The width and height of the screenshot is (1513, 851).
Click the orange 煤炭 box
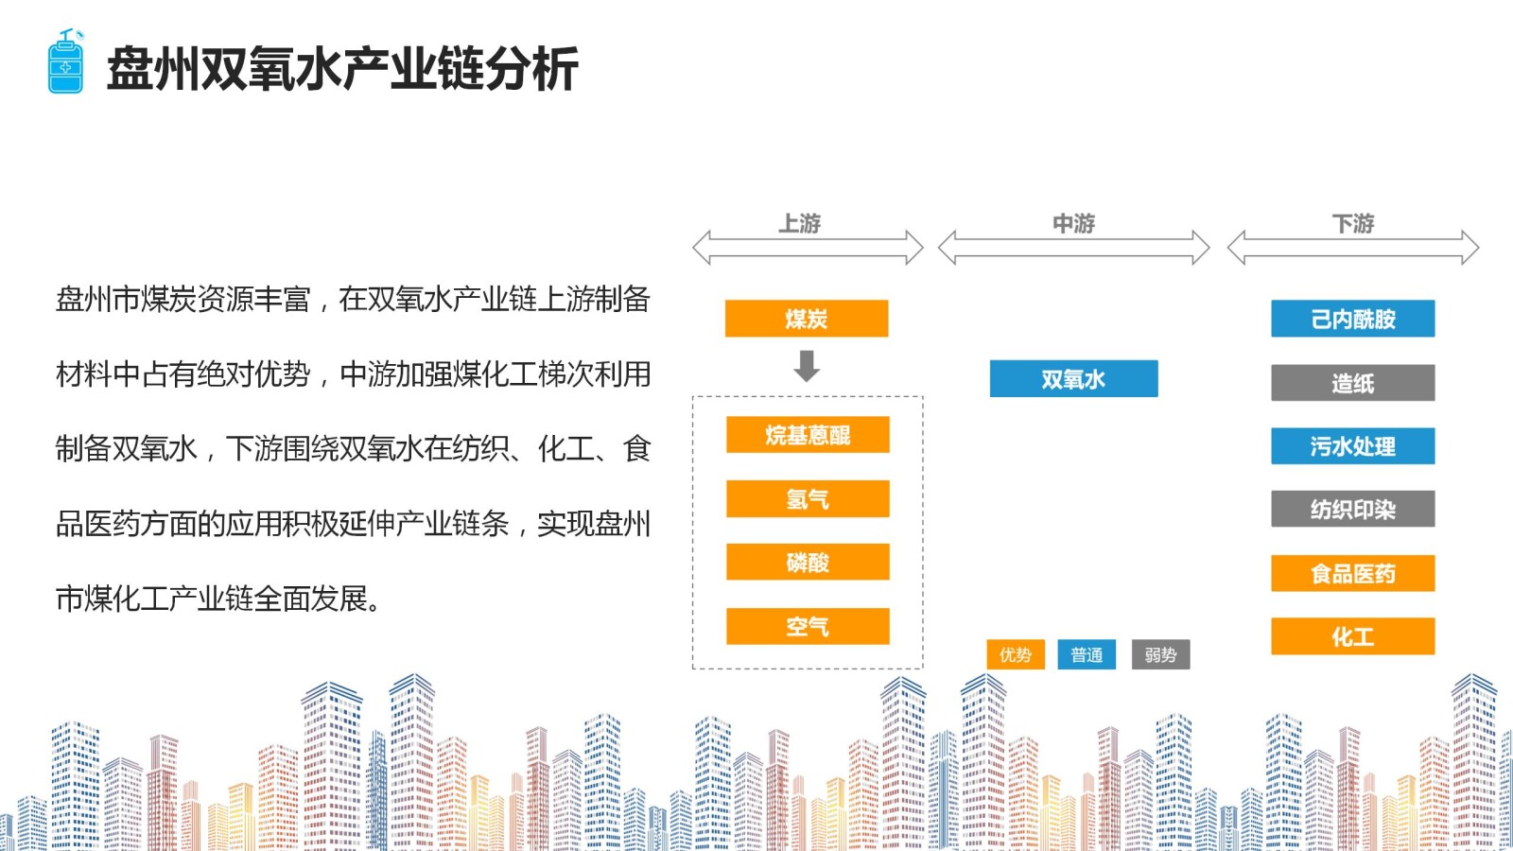[806, 319]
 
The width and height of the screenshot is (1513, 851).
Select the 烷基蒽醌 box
[808, 435]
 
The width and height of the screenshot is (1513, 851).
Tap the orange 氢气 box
[808, 498]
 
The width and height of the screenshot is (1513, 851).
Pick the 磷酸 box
[808, 562]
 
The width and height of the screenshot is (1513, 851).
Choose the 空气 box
[808, 626]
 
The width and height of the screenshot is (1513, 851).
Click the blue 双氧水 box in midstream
[1073, 379]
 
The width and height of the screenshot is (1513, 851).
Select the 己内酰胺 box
[1352, 319]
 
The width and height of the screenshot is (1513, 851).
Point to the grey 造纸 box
[1352, 383]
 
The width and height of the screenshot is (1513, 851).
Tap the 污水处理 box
[1352, 446]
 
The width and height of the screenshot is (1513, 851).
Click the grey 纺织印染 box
[1352, 509]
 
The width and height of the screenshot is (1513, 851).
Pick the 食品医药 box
[1352, 573]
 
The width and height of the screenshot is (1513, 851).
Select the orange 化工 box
[1352, 636]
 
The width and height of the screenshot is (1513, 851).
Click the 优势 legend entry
[1015, 654]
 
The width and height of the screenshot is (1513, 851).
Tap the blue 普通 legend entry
[1087, 654]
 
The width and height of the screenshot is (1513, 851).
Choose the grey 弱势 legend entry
[1160, 654]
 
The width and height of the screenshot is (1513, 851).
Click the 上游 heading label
[800, 223]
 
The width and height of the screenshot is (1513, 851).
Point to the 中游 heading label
[1073, 223]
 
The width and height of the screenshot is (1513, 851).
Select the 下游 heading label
[1352, 223]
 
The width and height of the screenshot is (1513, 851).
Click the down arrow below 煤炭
[807, 366]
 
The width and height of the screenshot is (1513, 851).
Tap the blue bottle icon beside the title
[66, 62]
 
